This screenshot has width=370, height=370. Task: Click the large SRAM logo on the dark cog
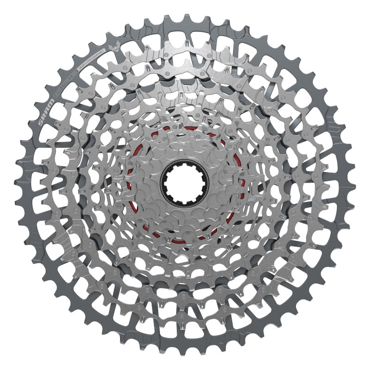pos(46,112)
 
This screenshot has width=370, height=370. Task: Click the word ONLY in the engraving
pos(101,52)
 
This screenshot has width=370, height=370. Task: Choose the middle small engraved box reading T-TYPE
pos(66,81)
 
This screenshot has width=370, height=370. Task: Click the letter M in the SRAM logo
pos(51,102)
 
